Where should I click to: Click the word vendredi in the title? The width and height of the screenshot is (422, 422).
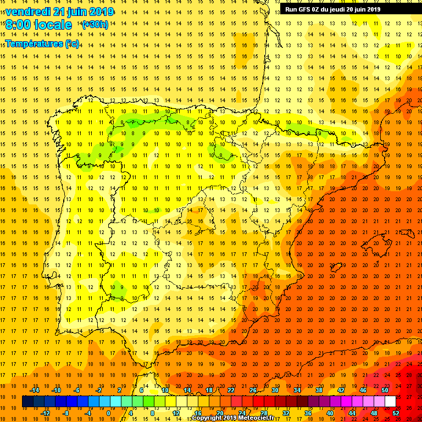(x=28, y=12)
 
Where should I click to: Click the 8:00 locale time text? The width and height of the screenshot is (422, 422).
(x=38, y=25)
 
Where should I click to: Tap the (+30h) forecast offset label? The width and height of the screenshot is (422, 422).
(x=95, y=25)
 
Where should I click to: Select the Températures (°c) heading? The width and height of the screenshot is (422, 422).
(x=42, y=43)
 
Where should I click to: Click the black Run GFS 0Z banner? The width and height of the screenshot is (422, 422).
(x=348, y=9)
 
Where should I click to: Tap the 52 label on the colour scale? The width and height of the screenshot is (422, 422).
(x=396, y=413)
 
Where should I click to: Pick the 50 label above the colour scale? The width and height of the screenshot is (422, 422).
(x=385, y=390)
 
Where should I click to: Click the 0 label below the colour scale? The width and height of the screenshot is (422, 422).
(x=108, y=413)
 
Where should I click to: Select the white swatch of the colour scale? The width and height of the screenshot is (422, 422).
(x=390, y=402)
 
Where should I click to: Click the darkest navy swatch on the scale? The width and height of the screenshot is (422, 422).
(x=27, y=402)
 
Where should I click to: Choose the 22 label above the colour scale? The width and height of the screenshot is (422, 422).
(x=231, y=390)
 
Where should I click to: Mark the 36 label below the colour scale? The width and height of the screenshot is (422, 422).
(x=308, y=413)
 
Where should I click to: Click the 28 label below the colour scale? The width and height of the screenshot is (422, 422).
(x=264, y=413)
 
